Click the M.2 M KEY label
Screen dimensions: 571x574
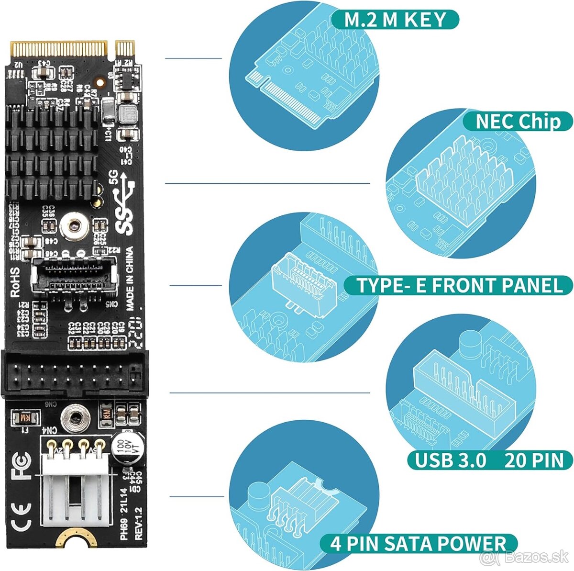[x=395, y=19]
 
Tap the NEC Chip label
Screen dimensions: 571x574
[x=518, y=122]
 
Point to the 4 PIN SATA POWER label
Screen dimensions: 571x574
[x=418, y=544]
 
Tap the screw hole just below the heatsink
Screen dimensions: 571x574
[x=74, y=224]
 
